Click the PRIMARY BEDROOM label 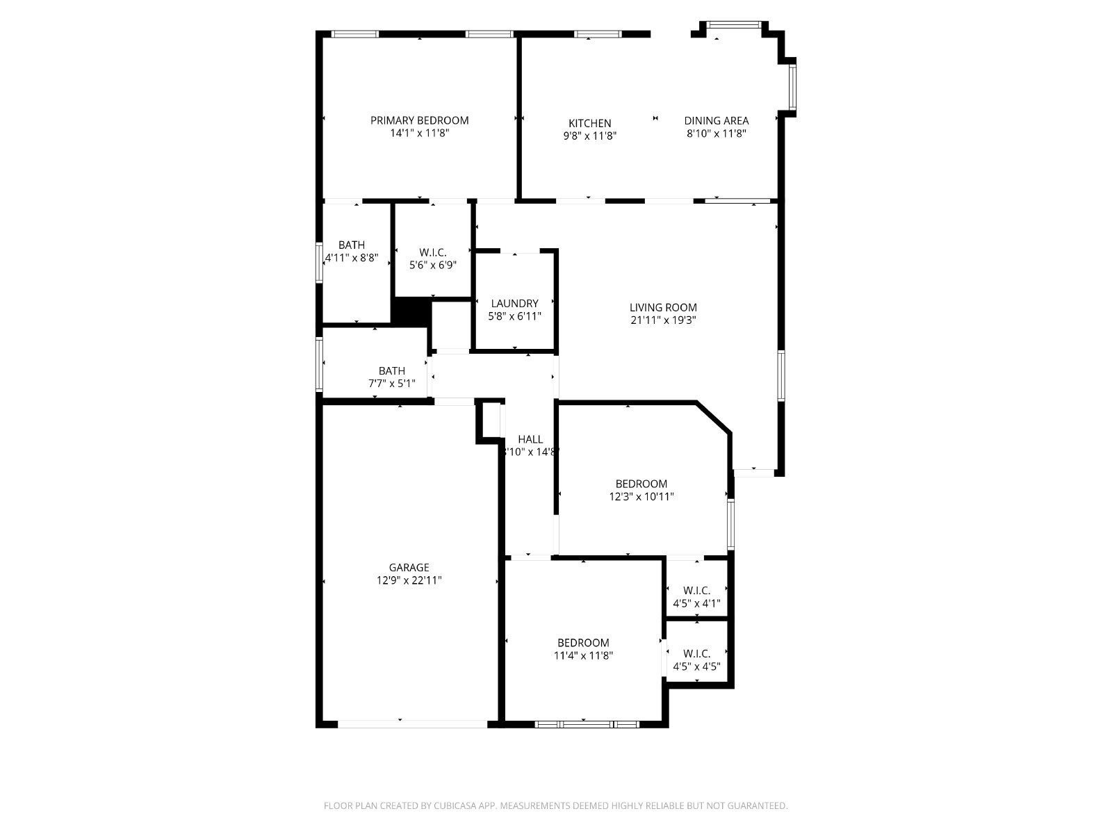tap(420, 120)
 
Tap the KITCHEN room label tap(589, 123)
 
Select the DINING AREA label tap(717, 120)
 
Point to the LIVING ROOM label tap(663, 307)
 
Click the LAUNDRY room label tap(515, 303)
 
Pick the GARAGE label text tap(409, 568)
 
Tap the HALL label tap(530, 439)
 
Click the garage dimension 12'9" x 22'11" tap(409, 580)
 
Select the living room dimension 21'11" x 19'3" tap(663, 320)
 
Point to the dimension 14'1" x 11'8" tap(420, 133)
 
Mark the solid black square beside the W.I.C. tap(411, 312)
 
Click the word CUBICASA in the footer tap(455, 805)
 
